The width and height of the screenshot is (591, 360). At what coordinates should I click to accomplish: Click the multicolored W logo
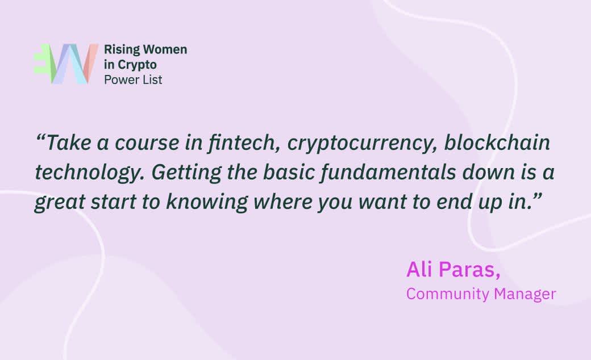(66, 64)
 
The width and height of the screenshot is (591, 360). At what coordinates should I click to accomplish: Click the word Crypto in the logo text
(137, 65)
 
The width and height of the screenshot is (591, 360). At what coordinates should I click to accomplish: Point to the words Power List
(133, 80)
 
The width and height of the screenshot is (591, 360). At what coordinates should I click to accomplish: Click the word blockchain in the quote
(497, 143)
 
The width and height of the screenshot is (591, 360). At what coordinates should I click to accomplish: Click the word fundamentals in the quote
(388, 172)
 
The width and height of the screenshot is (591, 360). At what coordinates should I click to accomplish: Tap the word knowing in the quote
(207, 202)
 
